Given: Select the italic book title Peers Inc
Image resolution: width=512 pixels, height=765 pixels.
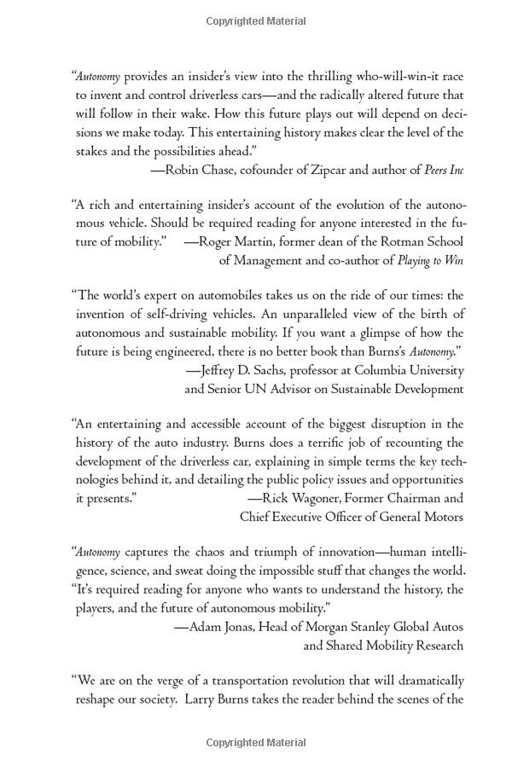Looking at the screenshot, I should click(444, 170).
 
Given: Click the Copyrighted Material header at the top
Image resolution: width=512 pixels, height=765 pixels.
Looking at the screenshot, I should click(256, 20).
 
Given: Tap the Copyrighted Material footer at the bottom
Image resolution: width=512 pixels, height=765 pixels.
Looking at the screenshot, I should click(256, 743).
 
